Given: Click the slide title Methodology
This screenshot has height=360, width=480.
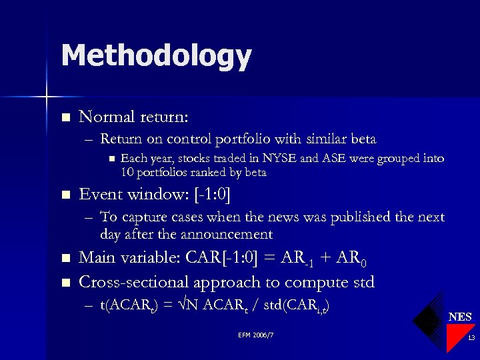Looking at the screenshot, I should pyautogui.click(x=156, y=56).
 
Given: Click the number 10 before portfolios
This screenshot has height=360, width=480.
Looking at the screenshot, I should pyautogui.click(x=128, y=172).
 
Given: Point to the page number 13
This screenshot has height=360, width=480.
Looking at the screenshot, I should pyautogui.click(x=471, y=339).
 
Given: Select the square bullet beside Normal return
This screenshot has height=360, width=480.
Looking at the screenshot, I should pyautogui.click(x=65, y=118).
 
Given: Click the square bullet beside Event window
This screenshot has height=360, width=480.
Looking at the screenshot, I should pyautogui.click(x=65, y=195).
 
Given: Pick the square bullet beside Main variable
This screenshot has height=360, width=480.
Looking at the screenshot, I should pyautogui.click(x=65, y=259).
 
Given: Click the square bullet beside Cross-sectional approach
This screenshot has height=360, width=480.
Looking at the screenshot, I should pyautogui.click(x=65, y=283).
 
